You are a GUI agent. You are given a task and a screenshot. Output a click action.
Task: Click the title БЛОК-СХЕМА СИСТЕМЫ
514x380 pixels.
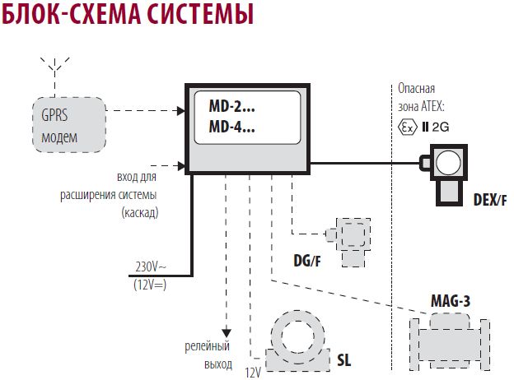pyautogui.click(x=127, y=16)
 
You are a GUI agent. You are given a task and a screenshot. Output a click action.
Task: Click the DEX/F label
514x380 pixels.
pyautogui.click(x=490, y=199)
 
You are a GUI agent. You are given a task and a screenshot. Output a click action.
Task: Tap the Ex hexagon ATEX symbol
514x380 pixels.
pyautogui.click(x=406, y=127)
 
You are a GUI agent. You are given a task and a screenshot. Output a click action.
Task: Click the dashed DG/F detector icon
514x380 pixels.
pyautogui.click(x=349, y=240)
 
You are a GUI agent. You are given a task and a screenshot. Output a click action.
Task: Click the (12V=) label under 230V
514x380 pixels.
pyautogui.click(x=150, y=284)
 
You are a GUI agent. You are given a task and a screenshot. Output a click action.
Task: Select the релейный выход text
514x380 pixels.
pyautogui.click(x=205, y=355)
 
